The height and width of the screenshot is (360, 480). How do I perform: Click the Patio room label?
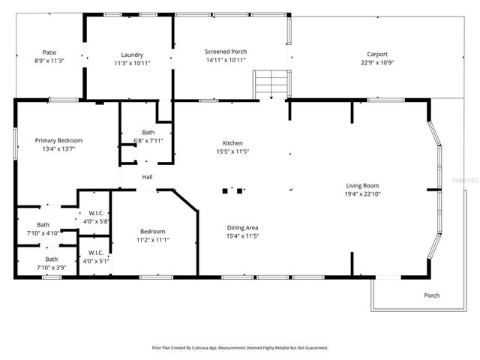click(x=49, y=52)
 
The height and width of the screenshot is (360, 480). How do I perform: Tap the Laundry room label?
click(x=132, y=54)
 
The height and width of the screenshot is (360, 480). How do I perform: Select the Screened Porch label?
click(x=226, y=52)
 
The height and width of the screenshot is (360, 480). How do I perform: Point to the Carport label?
click(x=376, y=54)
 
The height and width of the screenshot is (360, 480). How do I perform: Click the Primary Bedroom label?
click(x=58, y=140)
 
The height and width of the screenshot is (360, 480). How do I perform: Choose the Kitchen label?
click(x=232, y=143)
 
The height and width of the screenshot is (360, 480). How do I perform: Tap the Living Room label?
click(x=362, y=185)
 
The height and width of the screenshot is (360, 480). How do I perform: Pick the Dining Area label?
click(x=243, y=227)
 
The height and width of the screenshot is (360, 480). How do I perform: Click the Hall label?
click(x=148, y=177)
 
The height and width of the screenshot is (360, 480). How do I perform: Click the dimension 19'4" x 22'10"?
click(x=362, y=194)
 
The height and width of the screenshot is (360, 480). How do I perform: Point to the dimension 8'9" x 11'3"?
click(x=49, y=61)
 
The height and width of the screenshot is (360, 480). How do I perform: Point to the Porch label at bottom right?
click(x=432, y=295)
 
